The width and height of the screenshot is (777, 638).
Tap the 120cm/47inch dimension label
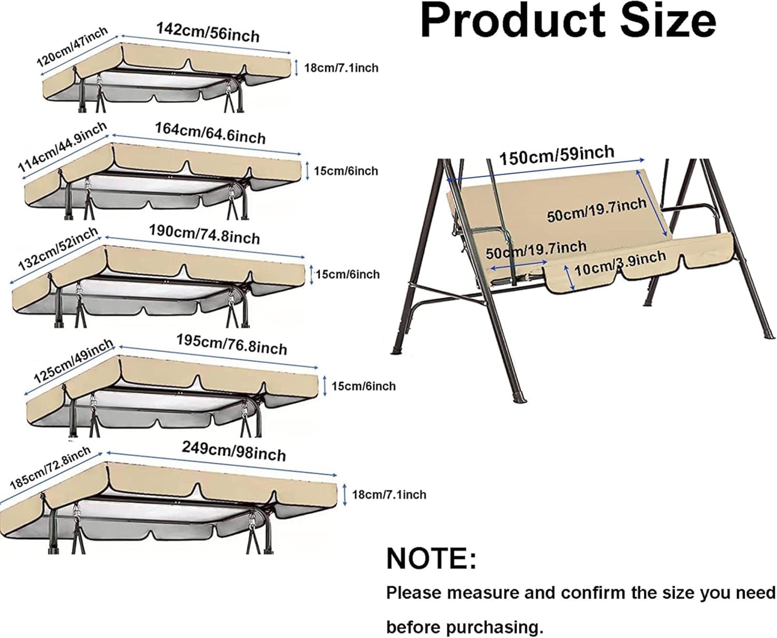[x=72, y=47]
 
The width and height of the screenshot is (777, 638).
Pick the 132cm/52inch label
[x=57, y=249]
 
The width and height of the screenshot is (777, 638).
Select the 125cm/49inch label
[x=73, y=360]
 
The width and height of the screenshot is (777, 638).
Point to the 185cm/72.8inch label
[x=50, y=467]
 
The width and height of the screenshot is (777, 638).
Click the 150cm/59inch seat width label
[x=556, y=154]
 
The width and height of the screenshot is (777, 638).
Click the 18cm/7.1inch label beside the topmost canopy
[x=341, y=68]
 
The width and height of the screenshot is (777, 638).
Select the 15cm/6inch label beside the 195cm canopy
[x=363, y=386]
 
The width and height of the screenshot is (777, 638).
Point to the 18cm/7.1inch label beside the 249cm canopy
[x=389, y=494]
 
